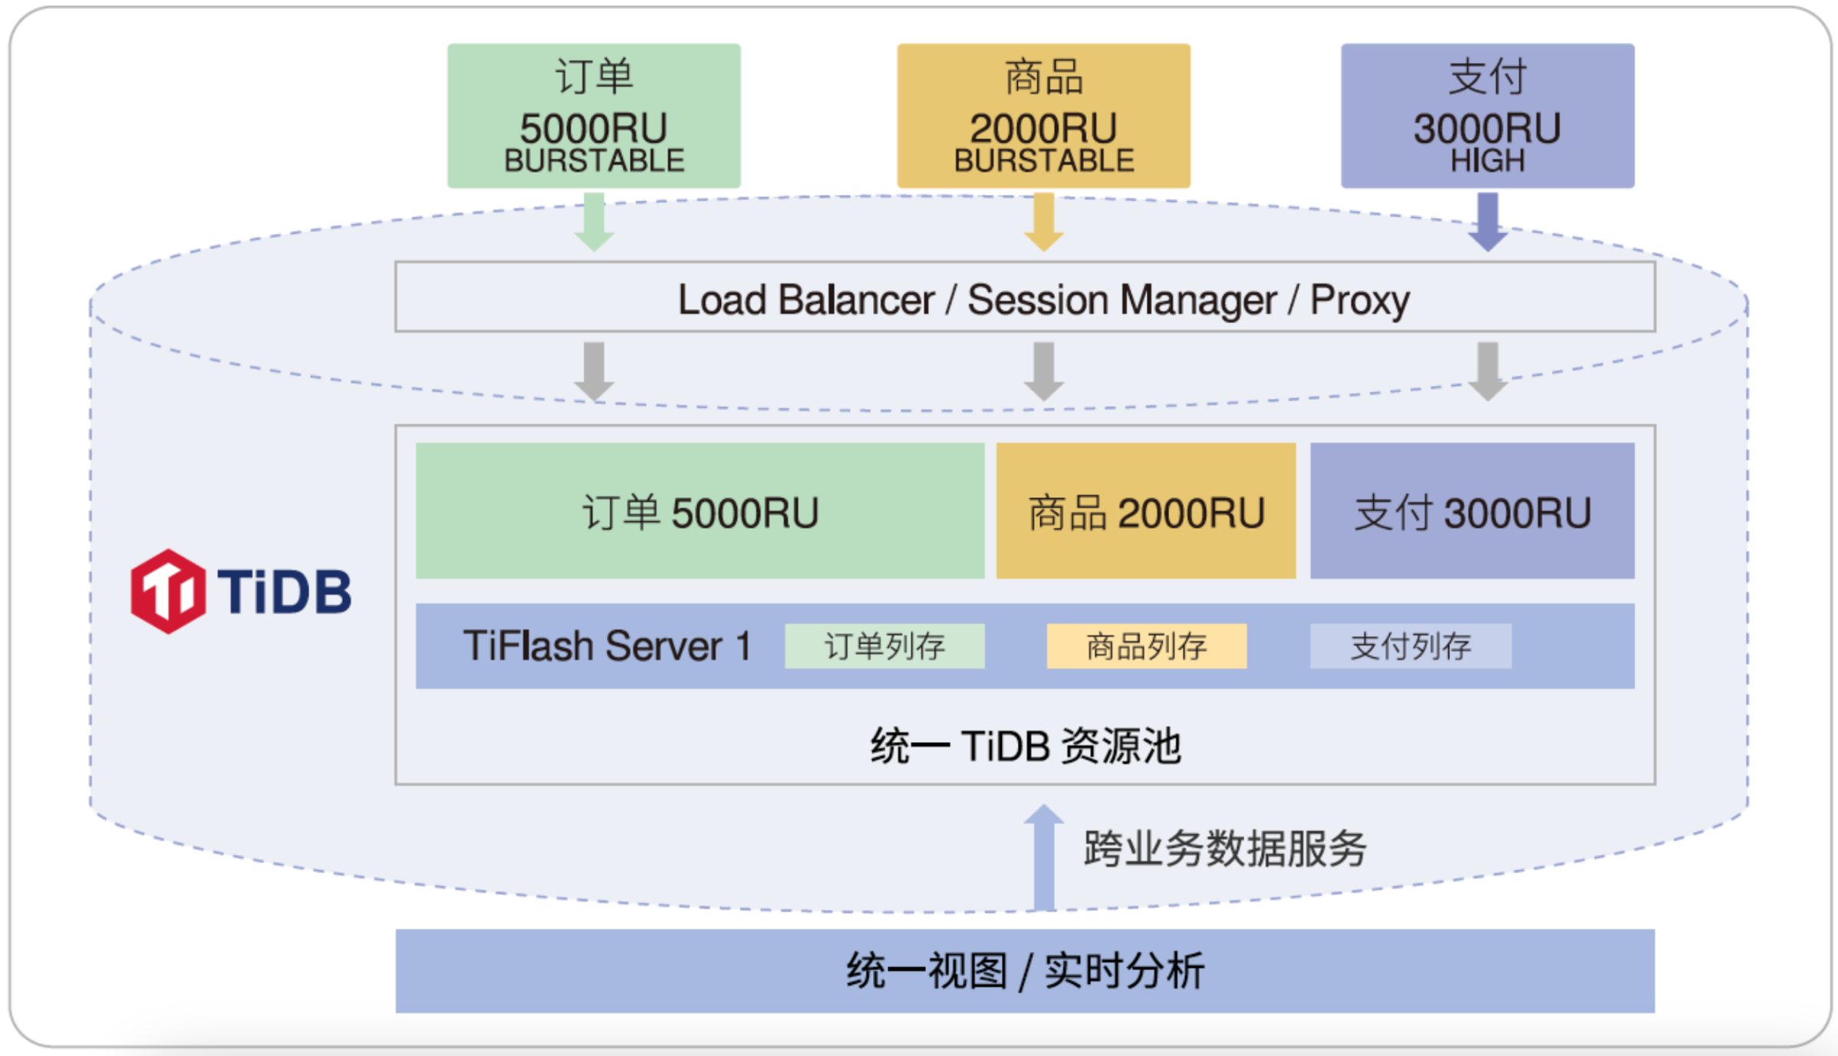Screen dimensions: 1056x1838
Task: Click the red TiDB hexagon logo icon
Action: pyautogui.click(x=167, y=591)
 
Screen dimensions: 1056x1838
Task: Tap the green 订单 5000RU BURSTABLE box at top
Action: pyautogui.click(x=594, y=115)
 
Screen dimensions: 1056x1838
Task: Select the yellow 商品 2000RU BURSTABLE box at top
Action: pyautogui.click(x=1043, y=115)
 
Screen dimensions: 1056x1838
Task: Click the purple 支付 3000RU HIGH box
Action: pyautogui.click(x=1487, y=115)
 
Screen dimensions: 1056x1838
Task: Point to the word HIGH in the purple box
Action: pyautogui.click(x=1487, y=160)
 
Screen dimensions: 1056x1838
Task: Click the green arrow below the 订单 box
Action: pyautogui.click(x=594, y=223)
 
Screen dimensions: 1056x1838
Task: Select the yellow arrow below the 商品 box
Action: pyautogui.click(x=1043, y=223)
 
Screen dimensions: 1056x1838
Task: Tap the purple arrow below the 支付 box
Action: pyautogui.click(x=1487, y=223)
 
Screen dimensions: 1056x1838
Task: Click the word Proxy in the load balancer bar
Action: pyautogui.click(x=1359, y=299)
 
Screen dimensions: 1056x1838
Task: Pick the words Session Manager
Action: pyautogui.click(x=1121, y=299)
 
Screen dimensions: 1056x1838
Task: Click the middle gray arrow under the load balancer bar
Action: pyautogui.click(x=1043, y=371)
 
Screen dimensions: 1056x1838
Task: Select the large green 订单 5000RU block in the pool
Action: pyautogui.click(x=700, y=511)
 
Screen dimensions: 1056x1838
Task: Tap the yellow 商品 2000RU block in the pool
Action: pyautogui.click(x=1145, y=511)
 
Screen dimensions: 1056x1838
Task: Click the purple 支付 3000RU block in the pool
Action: pyautogui.click(x=1471, y=511)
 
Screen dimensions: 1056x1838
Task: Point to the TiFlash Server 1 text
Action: pyautogui.click(x=606, y=646)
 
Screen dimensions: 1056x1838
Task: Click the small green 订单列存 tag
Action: pyautogui.click(x=884, y=646)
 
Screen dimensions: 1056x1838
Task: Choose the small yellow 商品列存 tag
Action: pyautogui.click(x=1146, y=646)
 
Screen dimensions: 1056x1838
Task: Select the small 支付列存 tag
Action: pyautogui.click(x=1410, y=646)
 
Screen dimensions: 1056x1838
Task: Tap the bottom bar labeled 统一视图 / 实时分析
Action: pyautogui.click(x=1025, y=971)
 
